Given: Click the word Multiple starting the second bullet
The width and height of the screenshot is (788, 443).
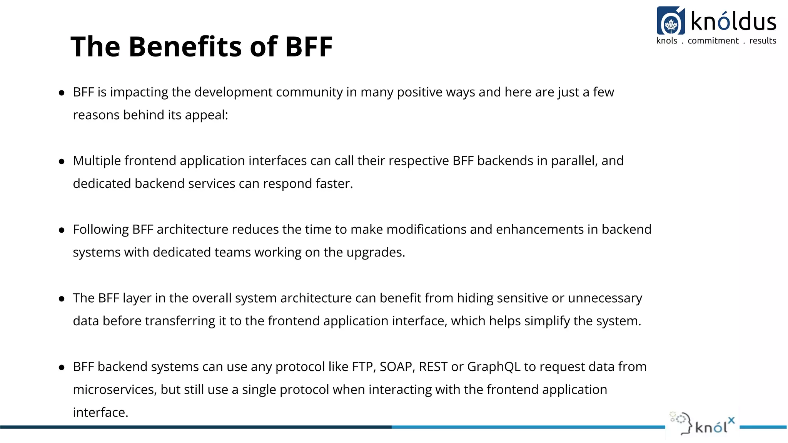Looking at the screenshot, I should (97, 161).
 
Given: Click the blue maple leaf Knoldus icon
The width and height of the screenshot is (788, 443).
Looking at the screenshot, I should (671, 21).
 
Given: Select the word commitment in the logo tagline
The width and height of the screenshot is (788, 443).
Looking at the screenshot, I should (713, 41).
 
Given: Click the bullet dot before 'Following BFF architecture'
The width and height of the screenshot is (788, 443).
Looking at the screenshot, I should (62, 230).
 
